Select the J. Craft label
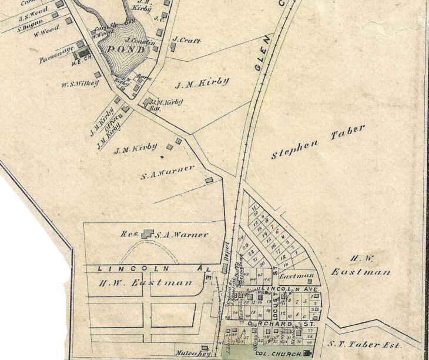pos(187,41)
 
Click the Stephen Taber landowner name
pos(318,143)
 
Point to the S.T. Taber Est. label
pos(373,345)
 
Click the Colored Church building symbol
pos(306,354)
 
